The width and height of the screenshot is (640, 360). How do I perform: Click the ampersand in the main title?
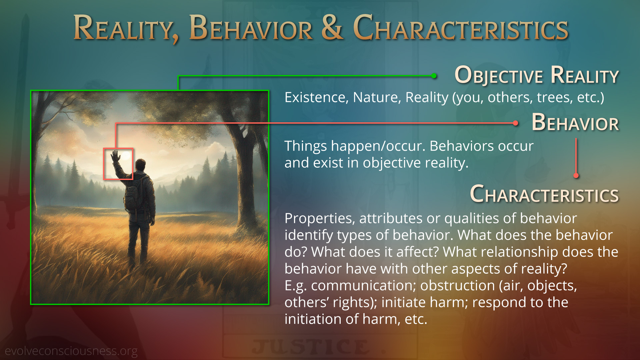(x=332, y=27)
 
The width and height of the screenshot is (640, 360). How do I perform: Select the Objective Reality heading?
(x=537, y=75)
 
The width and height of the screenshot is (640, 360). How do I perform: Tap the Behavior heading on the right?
(x=575, y=122)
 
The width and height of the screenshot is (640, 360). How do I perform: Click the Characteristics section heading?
(x=544, y=194)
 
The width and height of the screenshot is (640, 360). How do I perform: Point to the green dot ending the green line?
(x=434, y=76)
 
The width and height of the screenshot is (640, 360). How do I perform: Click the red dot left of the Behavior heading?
(x=515, y=123)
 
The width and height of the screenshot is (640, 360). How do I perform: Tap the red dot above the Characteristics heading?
(x=576, y=175)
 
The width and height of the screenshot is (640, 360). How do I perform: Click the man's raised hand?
(x=116, y=156)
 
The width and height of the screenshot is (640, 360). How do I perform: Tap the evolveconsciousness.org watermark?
(x=71, y=351)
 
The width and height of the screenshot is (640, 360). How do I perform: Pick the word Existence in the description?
(x=316, y=97)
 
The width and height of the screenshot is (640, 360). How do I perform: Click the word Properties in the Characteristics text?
(x=320, y=219)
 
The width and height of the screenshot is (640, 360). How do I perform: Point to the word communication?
(x=363, y=286)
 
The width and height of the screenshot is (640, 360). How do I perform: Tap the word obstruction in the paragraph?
(x=457, y=286)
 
